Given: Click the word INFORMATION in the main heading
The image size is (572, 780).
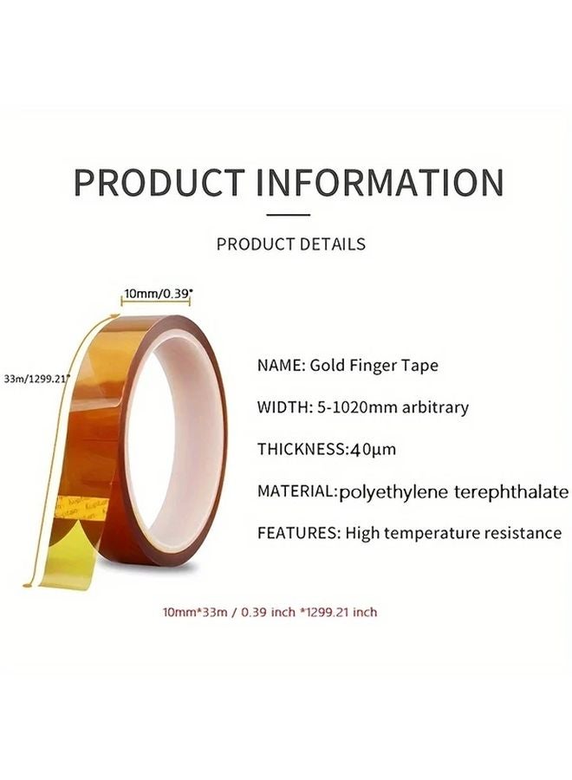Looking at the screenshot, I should [x=380, y=183].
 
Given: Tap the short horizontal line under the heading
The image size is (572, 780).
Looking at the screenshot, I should [x=287, y=214].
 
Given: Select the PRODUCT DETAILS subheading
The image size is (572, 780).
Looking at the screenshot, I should [x=290, y=244].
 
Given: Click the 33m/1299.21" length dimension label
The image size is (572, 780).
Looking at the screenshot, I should [x=36, y=378].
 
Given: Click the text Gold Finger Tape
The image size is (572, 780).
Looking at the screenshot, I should [x=374, y=366].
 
